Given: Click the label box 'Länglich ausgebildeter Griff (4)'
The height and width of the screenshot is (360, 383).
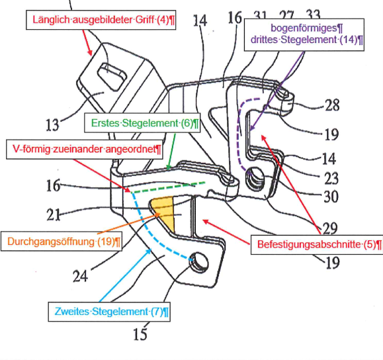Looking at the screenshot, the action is (101, 20).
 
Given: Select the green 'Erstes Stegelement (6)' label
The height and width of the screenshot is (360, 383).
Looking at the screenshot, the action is (142, 122).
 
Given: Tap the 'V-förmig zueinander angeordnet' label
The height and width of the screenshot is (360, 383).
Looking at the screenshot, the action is (85, 150).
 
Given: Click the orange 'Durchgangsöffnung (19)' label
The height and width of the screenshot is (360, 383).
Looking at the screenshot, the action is (62, 242).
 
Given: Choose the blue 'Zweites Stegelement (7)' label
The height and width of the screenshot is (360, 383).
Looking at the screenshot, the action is (109, 312).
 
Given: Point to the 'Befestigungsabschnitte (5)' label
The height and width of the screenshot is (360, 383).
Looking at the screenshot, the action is (317, 245).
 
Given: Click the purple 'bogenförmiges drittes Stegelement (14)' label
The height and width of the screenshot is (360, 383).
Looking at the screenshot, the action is (304, 34).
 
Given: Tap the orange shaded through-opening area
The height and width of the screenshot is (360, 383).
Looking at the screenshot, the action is (163, 212).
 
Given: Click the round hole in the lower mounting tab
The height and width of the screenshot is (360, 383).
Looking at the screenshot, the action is (199, 263).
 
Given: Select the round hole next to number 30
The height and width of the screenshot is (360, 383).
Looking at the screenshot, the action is (255, 177).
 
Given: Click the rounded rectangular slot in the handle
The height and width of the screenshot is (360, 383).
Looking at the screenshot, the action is (112, 77).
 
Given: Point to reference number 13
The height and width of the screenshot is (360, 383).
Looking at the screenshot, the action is (52, 124).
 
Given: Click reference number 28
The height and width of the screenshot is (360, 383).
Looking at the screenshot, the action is (332, 105).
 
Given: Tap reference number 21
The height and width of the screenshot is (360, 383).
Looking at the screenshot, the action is (53, 215).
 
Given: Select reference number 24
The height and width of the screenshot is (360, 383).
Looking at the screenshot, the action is (80, 277).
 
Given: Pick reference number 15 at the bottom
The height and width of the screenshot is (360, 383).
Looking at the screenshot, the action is (140, 334).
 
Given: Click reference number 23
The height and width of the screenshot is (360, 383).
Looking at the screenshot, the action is (331, 179).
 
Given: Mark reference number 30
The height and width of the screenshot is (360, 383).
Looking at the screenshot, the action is (331, 197).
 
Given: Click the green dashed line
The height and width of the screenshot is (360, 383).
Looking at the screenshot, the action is (168, 187).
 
